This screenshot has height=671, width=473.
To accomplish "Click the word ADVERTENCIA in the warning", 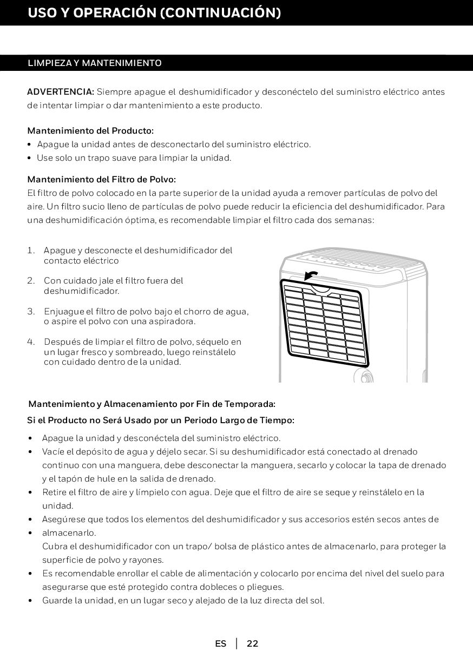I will (x=61, y=91).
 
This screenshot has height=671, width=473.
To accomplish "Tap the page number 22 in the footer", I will (x=252, y=643).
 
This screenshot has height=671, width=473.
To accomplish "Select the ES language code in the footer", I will (x=220, y=643).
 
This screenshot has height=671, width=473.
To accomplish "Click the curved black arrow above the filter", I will (x=311, y=275).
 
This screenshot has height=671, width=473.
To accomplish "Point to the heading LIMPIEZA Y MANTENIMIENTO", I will (x=95, y=63).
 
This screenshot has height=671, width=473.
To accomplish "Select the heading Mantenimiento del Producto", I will (x=90, y=131).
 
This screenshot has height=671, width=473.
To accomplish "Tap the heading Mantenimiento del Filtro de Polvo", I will (x=102, y=179).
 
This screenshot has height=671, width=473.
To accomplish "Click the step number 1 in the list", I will (x=30, y=251).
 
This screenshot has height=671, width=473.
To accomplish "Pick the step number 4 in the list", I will (x=31, y=342).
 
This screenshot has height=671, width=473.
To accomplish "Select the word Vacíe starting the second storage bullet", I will (x=54, y=452).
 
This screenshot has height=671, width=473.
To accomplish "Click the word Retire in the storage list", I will (x=55, y=492).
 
